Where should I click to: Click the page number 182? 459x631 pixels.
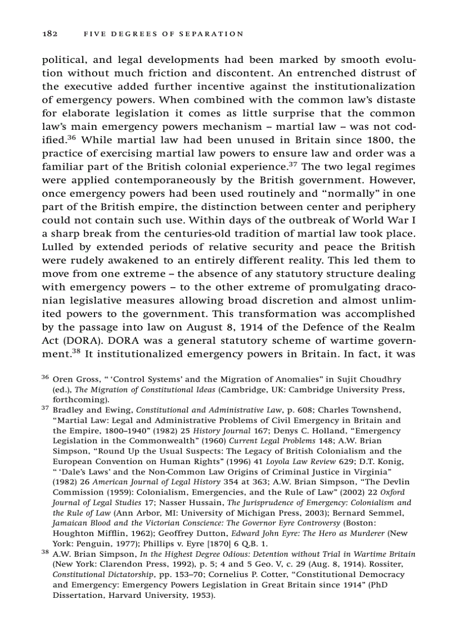(51, 34)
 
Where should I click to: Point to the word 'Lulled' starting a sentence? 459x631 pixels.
(59, 247)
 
